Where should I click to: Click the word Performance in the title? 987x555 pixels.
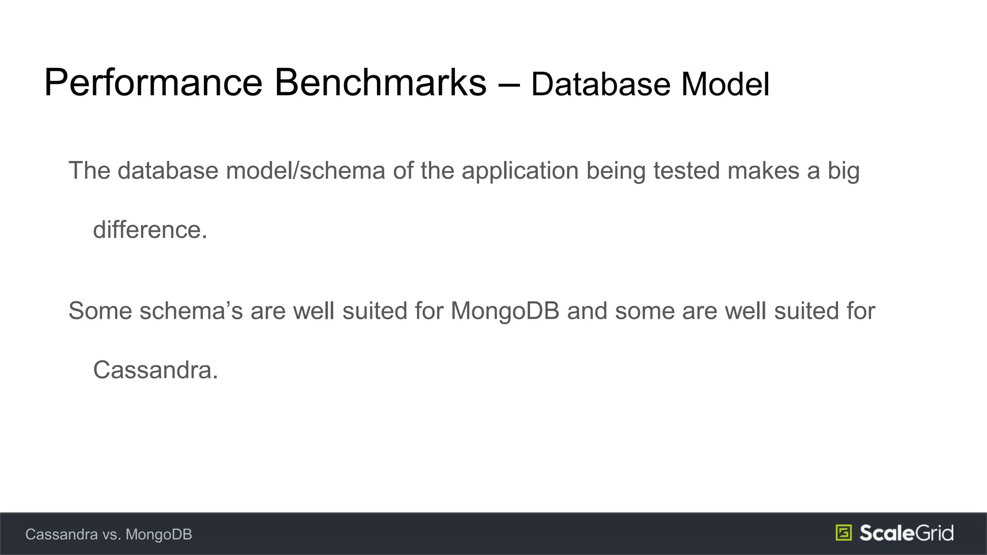pos(153,83)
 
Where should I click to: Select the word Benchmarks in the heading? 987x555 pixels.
pos(381,83)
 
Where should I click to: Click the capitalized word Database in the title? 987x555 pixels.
pos(600,85)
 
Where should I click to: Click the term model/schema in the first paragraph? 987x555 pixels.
pos(306,171)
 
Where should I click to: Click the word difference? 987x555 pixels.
pos(150,230)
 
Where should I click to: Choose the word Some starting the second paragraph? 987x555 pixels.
pos(100,311)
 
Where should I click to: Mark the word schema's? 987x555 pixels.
pos(191,311)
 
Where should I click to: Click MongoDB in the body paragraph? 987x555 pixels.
pos(505,311)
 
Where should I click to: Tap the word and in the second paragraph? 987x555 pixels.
pos(587,311)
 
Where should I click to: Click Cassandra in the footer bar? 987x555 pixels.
pos(62,534)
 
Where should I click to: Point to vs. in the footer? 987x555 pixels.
pos(112,535)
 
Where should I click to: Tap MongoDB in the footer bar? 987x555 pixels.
pos(159,535)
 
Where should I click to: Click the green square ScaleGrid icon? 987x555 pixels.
pos(843,533)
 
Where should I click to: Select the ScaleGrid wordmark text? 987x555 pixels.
pos(906,533)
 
